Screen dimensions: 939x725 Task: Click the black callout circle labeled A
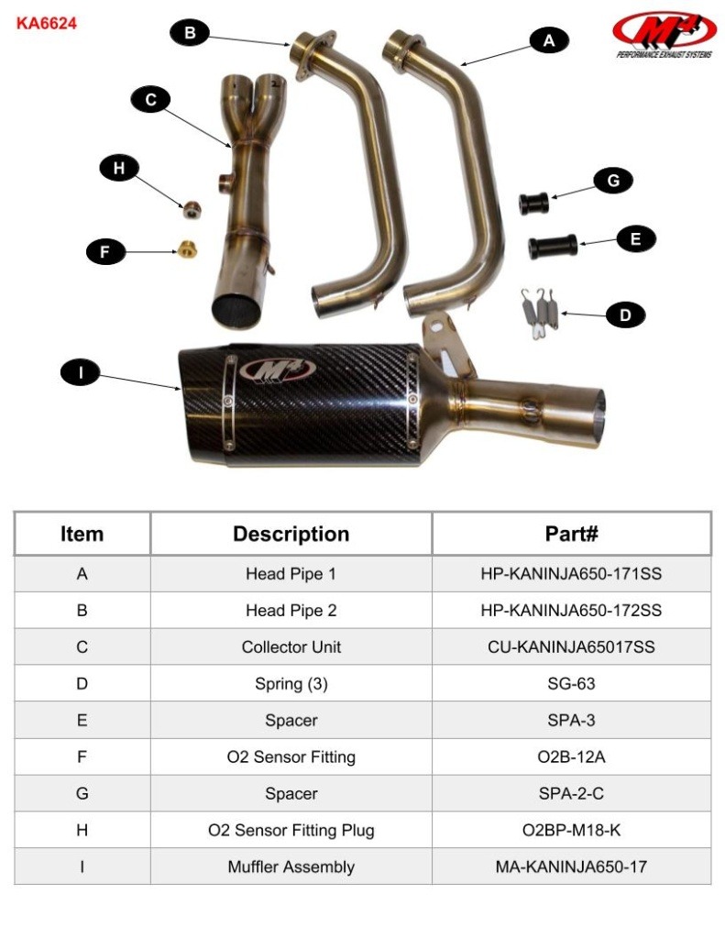(549, 39)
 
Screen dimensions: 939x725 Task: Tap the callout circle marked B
(190, 34)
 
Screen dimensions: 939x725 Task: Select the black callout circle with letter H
(119, 168)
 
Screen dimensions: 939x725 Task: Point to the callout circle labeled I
(81, 372)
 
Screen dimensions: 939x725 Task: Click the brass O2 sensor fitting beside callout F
(188, 248)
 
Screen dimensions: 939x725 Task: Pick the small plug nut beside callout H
(191, 208)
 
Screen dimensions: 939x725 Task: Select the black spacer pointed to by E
(551, 247)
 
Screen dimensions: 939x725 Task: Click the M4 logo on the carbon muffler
(279, 370)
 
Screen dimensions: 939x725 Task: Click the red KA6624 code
(47, 23)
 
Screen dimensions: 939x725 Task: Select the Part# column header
(571, 534)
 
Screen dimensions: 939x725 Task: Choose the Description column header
(291, 534)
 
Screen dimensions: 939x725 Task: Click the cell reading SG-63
(571, 684)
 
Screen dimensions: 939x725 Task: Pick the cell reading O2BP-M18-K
(571, 831)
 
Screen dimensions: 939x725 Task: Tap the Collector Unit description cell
(291, 647)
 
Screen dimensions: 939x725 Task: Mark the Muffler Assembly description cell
(291, 867)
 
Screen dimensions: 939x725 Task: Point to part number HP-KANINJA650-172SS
(571, 611)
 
